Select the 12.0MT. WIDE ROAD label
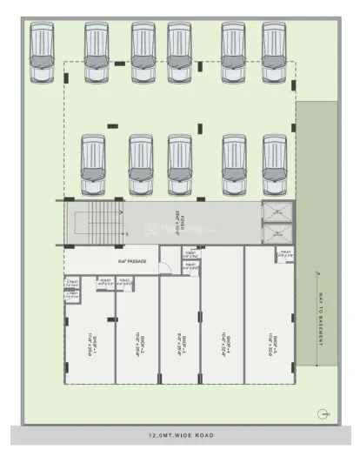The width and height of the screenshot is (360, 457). tap(180, 434)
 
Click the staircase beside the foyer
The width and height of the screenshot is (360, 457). tap(91, 224)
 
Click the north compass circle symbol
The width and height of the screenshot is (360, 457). tap(323, 413)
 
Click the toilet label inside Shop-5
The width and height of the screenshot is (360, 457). tap(284, 253)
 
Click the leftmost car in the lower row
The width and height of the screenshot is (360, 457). tap(93, 164)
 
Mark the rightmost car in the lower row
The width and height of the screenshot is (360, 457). tap(275, 164)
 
